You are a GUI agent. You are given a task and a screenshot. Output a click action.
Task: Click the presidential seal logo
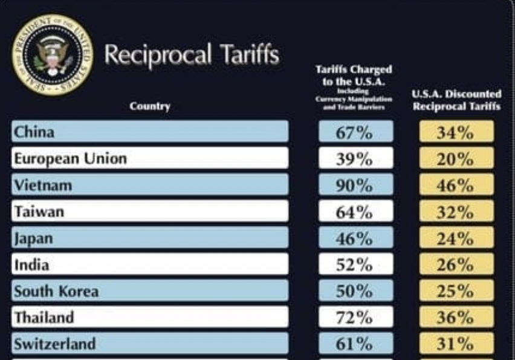[x=53, y=54]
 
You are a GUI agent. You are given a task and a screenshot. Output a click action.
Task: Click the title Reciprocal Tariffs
[x=192, y=55]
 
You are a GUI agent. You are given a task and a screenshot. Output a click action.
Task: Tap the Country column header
[x=150, y=106]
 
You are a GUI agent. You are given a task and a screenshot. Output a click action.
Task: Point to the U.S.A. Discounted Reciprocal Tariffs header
[x=456, y=100]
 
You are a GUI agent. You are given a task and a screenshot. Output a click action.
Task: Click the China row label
[x=34, y=132]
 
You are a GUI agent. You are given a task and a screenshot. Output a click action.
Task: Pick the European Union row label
[x=71, y=158]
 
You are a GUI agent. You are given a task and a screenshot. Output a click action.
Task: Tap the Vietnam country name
[x=43, y=185]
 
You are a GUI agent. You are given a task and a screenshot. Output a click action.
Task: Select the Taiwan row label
[x=39, y=211]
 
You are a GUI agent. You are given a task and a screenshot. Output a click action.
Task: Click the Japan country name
[x=34, y=238]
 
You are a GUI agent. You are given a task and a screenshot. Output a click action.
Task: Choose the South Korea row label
[x=56, y=291]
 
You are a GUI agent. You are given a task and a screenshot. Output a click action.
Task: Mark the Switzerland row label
[x=55, y=344]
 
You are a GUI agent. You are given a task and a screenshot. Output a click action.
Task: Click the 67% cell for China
[x=355, y=132]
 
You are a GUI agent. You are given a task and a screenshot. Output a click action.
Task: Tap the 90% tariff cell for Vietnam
[x=355, y=185]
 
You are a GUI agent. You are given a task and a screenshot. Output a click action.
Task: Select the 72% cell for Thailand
[x=355, y=318]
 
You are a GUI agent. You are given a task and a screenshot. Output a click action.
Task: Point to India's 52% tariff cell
[x=355, y=265]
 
